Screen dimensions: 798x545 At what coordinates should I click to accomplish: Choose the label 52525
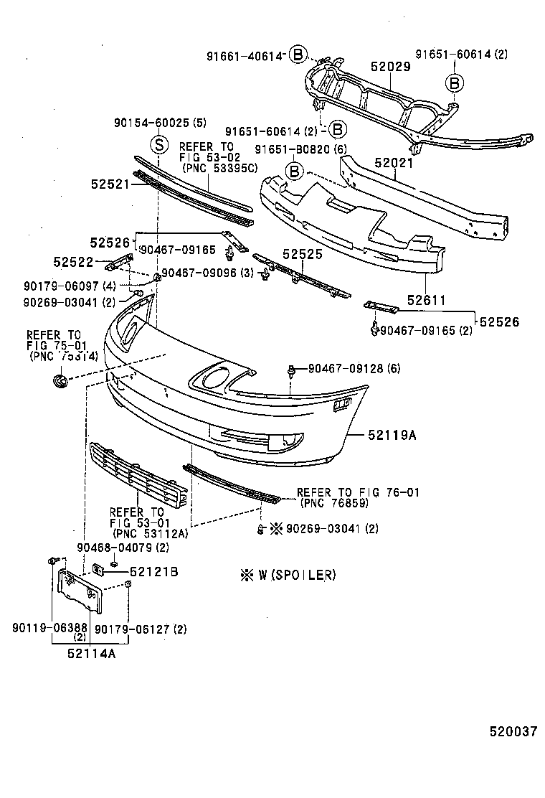[x=302, y=254]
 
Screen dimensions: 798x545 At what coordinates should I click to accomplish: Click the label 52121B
[x=153, y=572]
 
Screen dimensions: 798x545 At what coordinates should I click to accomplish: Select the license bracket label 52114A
[x=92, y=654]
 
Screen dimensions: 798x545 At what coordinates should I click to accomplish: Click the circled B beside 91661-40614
[x=298, y=54]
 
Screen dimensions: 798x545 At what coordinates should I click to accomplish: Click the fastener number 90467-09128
[x=346, y=369]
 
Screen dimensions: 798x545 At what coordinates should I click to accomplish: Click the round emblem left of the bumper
[x=59, y=381]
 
